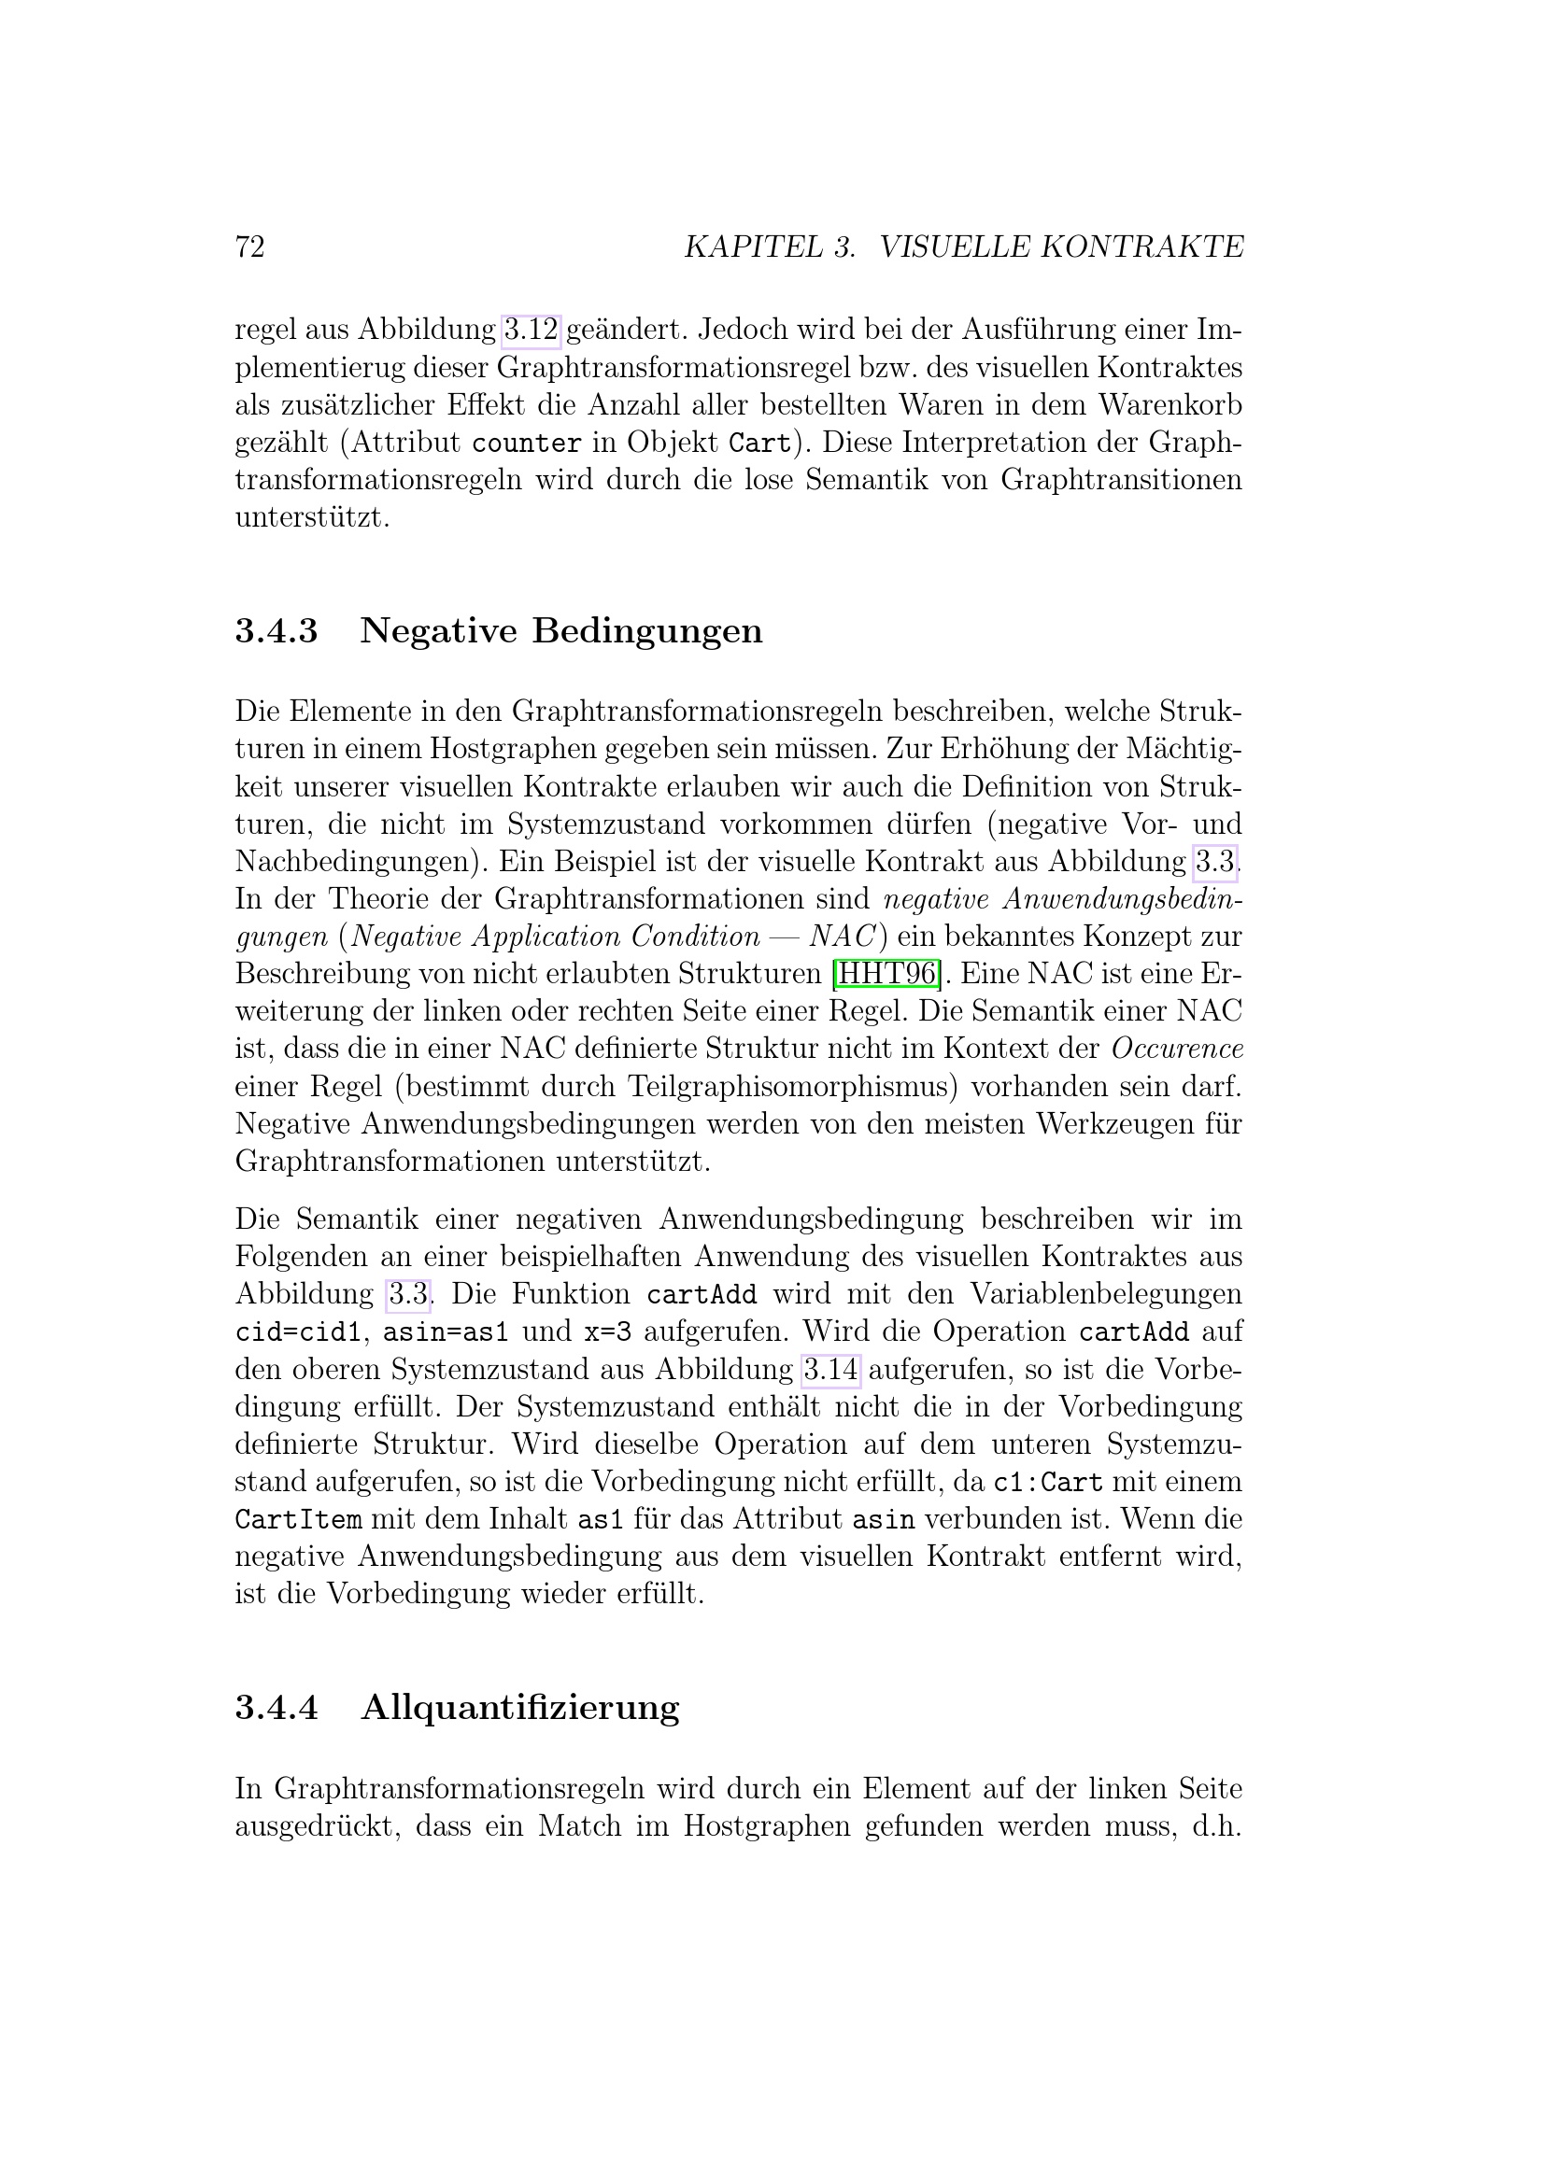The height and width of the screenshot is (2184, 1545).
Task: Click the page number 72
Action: [x=249, y=247]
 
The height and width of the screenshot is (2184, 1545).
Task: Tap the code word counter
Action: [x=526, y=444]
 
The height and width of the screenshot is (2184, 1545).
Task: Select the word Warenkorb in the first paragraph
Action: [x=1170, y=405]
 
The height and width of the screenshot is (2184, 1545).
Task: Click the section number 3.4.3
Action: [x=276, y=631]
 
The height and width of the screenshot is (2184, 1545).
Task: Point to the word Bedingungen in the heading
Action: [x=647, y=631]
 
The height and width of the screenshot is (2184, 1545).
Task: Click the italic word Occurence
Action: [x=1178, y=1049]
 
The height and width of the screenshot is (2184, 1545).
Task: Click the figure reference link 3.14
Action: [x=831, y=1370]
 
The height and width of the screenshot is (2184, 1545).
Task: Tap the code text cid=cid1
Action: [x=299, y=1332]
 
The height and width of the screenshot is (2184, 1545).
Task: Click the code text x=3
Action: [x=608, y=1332]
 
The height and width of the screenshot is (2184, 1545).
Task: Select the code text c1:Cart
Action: [x=1047, y=1483]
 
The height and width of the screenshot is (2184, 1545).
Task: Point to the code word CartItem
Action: [x=298, y=1520]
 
